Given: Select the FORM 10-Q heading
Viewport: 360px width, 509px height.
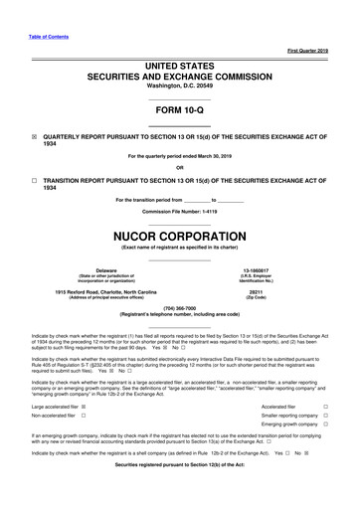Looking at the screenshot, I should pos(179,110).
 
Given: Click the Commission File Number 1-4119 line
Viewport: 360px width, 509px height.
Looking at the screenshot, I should pos(179,213).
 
